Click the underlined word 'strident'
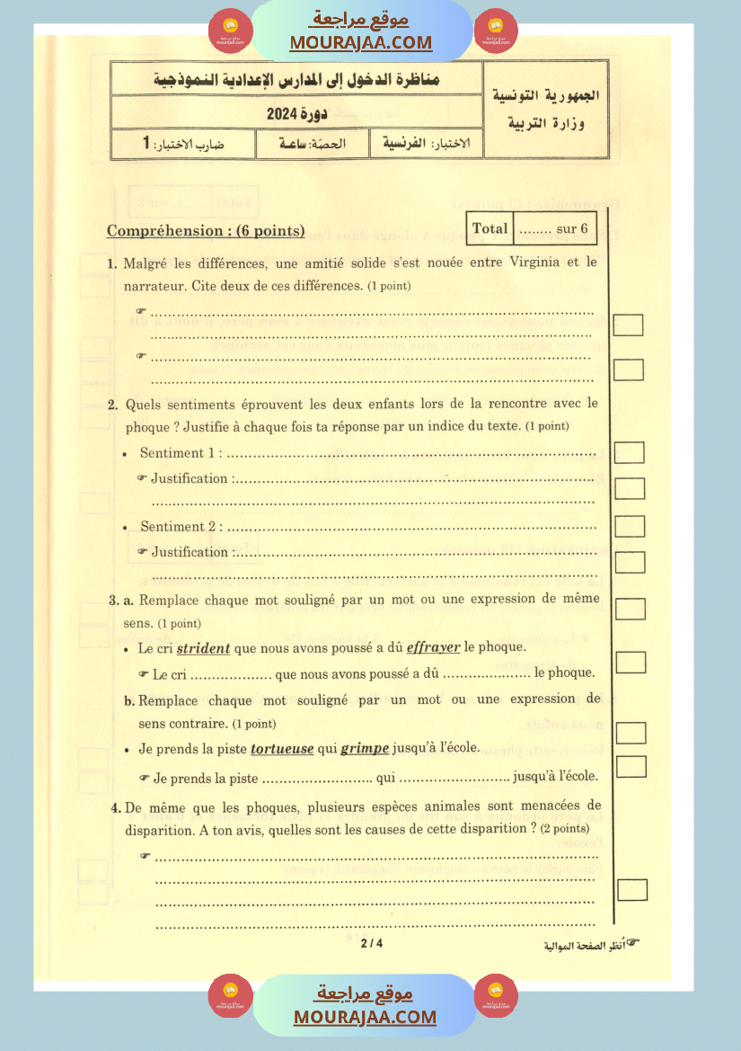tap(204, 647)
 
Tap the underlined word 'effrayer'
tap(434, 647)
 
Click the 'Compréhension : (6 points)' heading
tap(206, 231)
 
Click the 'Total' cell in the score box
tap(490, 228)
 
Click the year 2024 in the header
tap(286, 114)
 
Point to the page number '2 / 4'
tap(372, 943)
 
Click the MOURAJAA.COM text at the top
tap(361, 42)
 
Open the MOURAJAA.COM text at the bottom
tap(365, 1017)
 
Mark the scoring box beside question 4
tap(632, 889)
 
